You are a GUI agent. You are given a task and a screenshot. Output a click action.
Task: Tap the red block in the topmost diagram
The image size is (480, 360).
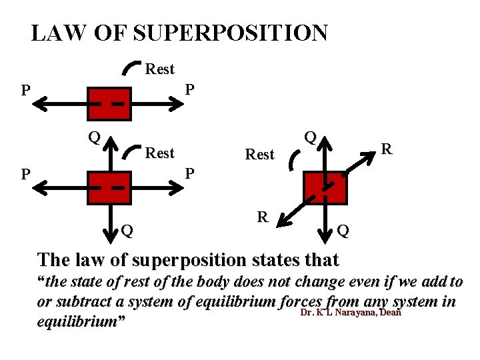pyautogui.click(x=108, y=104)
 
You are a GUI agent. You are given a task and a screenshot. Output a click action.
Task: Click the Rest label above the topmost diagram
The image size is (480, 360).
pyautogui.click(x=159, y=69)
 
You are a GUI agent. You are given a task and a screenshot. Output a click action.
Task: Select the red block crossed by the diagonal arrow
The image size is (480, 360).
pyautogui.click(x=325, y=188)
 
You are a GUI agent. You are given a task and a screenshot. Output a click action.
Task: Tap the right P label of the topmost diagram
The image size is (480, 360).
pyautogui.click(x=190, y=89)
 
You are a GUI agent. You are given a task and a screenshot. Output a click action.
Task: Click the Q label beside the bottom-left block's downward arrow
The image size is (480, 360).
pyautogui.click(x=127, y=231)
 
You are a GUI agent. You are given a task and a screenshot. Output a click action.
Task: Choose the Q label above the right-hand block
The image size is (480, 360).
pyautogui.click(x=310, y=137)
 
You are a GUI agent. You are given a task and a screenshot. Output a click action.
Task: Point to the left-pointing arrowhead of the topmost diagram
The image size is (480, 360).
pyautogui.click(x=41, y=104)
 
